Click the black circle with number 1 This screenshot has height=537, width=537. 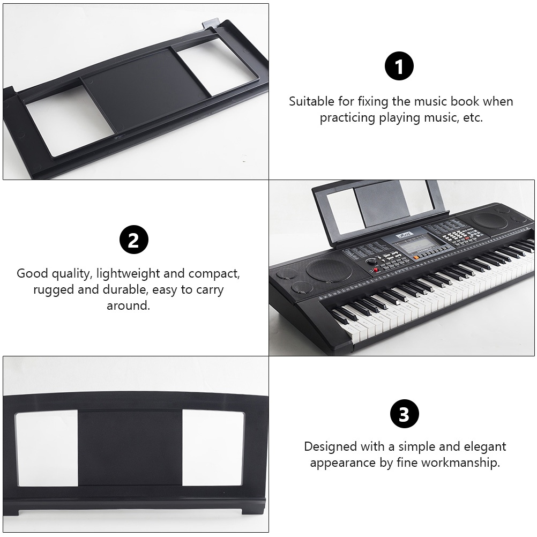(x=399, y=66)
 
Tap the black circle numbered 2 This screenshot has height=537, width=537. (x=134, y=240)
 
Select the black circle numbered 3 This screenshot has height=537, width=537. (x=405, y=414)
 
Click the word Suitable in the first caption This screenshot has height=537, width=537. (x=311, y=101)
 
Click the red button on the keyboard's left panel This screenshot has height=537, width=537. (x=376, y=270)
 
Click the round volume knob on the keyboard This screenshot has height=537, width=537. (x=370, y=262)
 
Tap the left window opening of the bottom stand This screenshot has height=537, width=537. (x=46, y=449)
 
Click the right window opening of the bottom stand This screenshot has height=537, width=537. (x=213, y=448)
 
